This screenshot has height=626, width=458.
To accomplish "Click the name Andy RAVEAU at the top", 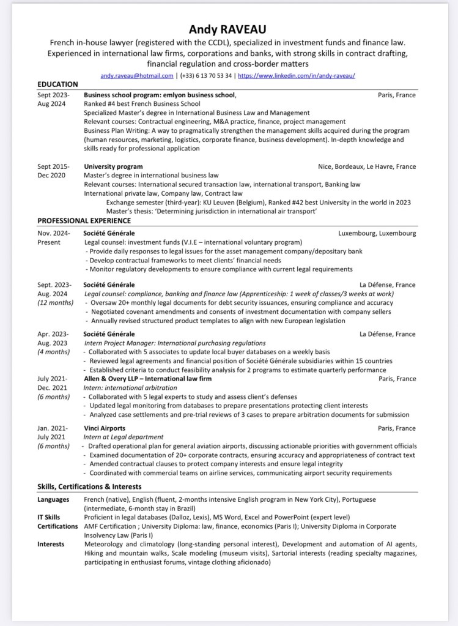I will click(x=227, y=29).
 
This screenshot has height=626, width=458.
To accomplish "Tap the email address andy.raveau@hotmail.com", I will click(x=137, y=75).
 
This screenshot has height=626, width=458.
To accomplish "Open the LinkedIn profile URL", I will click(x=296, y=75).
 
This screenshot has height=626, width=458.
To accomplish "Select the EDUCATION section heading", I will click(x=58, y=84).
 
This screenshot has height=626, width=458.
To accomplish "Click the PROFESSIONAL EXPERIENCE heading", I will click(x=84, y=220).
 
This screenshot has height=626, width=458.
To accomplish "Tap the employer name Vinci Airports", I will click(x=105, y=428).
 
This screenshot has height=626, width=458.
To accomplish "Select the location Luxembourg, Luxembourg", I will click(x=377, y=233).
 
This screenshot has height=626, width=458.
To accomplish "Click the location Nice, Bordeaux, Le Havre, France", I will click(x=367, y=166).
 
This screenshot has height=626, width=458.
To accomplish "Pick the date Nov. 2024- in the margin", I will click(x=54, y=233).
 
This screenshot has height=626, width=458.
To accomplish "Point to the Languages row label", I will click(x=53, y=499).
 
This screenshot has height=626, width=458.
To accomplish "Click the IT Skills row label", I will click(x=49, y=517).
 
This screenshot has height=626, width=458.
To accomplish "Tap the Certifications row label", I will click(x=57, y=526).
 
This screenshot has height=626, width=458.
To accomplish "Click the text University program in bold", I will click(x=113, y=166).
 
